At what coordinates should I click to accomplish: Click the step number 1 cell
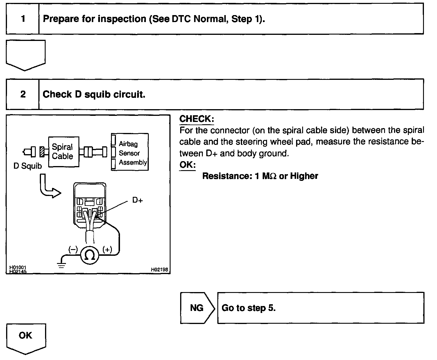pyautogui.click(x=23, y=19)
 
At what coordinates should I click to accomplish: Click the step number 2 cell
pyautogui.click(x=23, y=94)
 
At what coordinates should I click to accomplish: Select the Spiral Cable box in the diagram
pyautogui.click(x=63, y=152)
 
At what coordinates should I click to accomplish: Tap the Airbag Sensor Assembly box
pyautogui.click(x=130, y=152)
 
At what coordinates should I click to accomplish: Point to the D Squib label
pyautogui.click(x=28, y=166)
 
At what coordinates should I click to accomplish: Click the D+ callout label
pyautogui.click(x=137, y=200)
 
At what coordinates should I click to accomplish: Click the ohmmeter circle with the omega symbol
pyautogui.click(x=89, y=255)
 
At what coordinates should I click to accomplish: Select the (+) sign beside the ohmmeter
pyautogui.click(x=107, y=249)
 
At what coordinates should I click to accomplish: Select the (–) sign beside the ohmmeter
pyautogui.click(x=73, y=249)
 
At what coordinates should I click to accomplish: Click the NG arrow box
pyautogui.click(x=197, y=308)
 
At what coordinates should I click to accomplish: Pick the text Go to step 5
pyautogui.click(x=248, y=308)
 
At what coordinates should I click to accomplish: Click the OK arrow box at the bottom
pyautogui.click(x=26, y=337)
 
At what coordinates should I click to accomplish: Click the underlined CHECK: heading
pyautogui.click(x=196, y=119)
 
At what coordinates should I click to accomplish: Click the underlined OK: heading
pyautogui.click(x=187, y=165)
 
